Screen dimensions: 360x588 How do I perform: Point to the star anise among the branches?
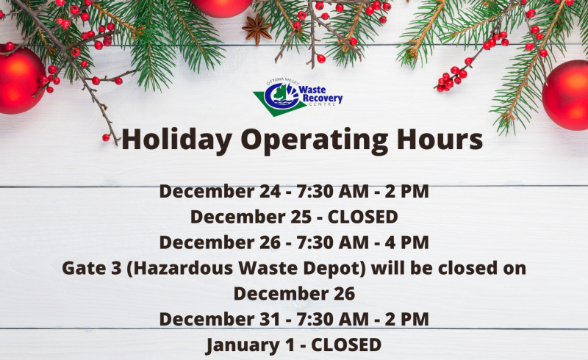pos(257,29)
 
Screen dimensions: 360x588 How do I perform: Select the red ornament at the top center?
pos(221,7)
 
